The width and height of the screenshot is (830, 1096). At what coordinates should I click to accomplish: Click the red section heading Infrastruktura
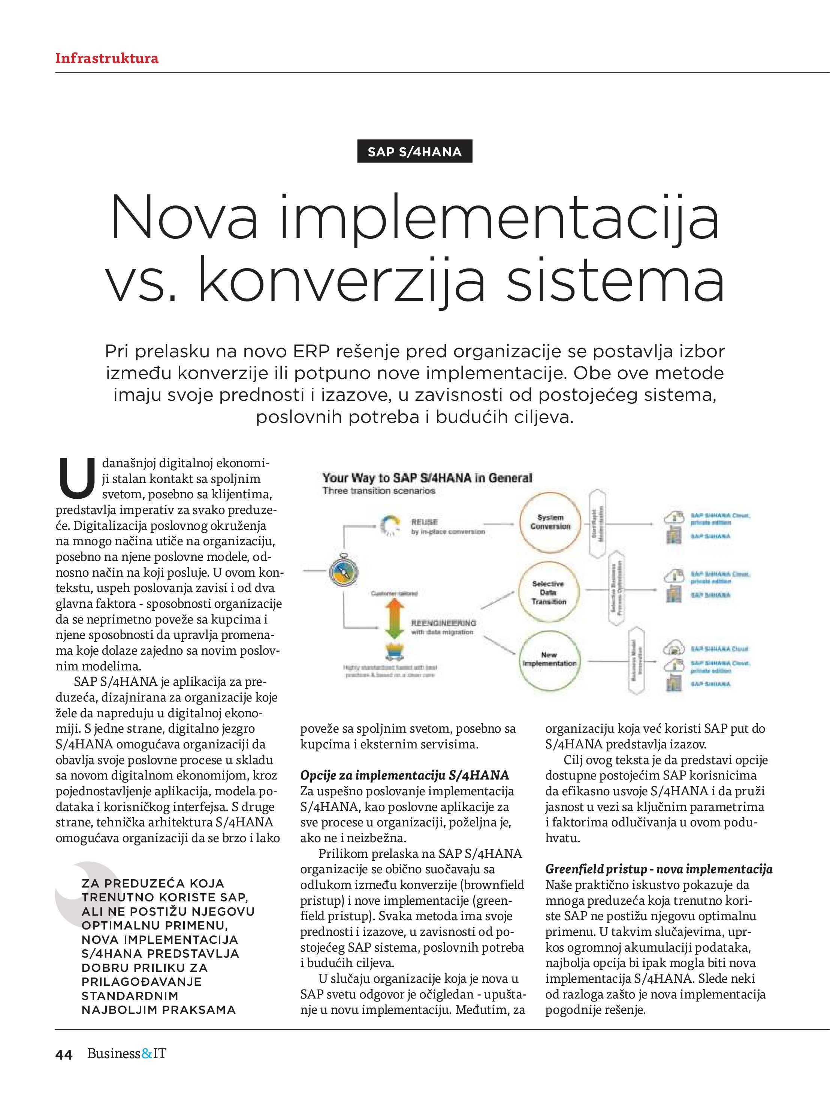[x=106, y=58]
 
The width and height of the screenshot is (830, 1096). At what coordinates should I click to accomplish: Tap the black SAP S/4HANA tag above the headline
[x=414, y=151]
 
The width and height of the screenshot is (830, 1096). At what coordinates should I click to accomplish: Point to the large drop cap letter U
[x=77, y=478]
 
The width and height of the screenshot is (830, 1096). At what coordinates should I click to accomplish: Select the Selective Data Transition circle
[x=549, y=592]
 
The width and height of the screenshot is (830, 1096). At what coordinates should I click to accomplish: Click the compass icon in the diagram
[x=343, y=572]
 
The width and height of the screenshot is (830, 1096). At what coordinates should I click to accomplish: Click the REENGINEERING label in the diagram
[x=443, y=623]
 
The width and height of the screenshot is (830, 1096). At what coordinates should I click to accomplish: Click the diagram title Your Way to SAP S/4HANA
[x=427, y=478]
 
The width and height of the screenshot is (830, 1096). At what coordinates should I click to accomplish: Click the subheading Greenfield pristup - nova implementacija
[x=659, y=869]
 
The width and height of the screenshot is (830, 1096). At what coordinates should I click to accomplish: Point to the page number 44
[x=64, y=1055]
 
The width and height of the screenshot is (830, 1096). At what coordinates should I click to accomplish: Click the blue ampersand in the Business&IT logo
[x=147, y=1054]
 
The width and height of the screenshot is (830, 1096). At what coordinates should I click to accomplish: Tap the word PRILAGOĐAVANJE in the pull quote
[x=142, y=982]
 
